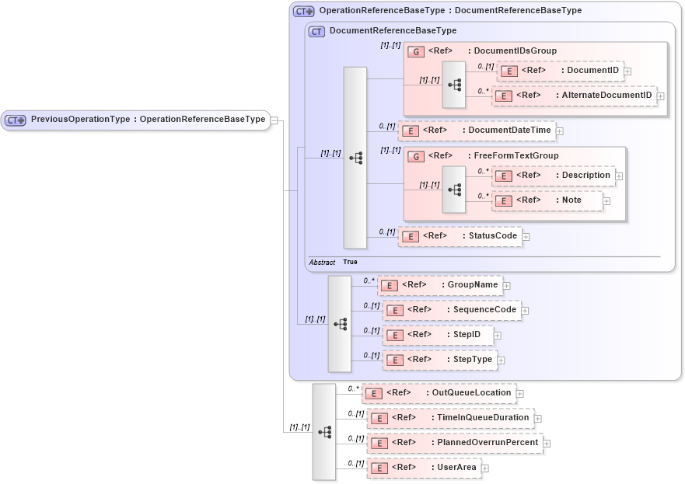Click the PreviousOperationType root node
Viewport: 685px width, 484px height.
coord(136,120)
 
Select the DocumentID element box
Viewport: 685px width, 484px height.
coord(560,71)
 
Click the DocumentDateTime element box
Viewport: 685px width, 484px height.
coord(477,131)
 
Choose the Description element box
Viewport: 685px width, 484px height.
coord(554,176)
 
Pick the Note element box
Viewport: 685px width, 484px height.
coord(547,200)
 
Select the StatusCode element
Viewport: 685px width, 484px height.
coord(460,236)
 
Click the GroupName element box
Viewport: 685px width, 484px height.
coord(439,285)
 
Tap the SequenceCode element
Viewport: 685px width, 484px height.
coord(452,310)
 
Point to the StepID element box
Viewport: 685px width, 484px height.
coord(437,335)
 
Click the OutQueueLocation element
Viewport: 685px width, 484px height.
coord(439,393)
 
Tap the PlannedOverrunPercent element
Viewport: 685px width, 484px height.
coord(454,443)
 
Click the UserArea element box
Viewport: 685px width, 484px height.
coord(424,468)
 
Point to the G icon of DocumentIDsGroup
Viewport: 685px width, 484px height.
coord(416,51)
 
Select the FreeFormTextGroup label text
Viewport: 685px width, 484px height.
coord(515,156)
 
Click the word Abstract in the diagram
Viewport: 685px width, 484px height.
coord(322,263)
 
